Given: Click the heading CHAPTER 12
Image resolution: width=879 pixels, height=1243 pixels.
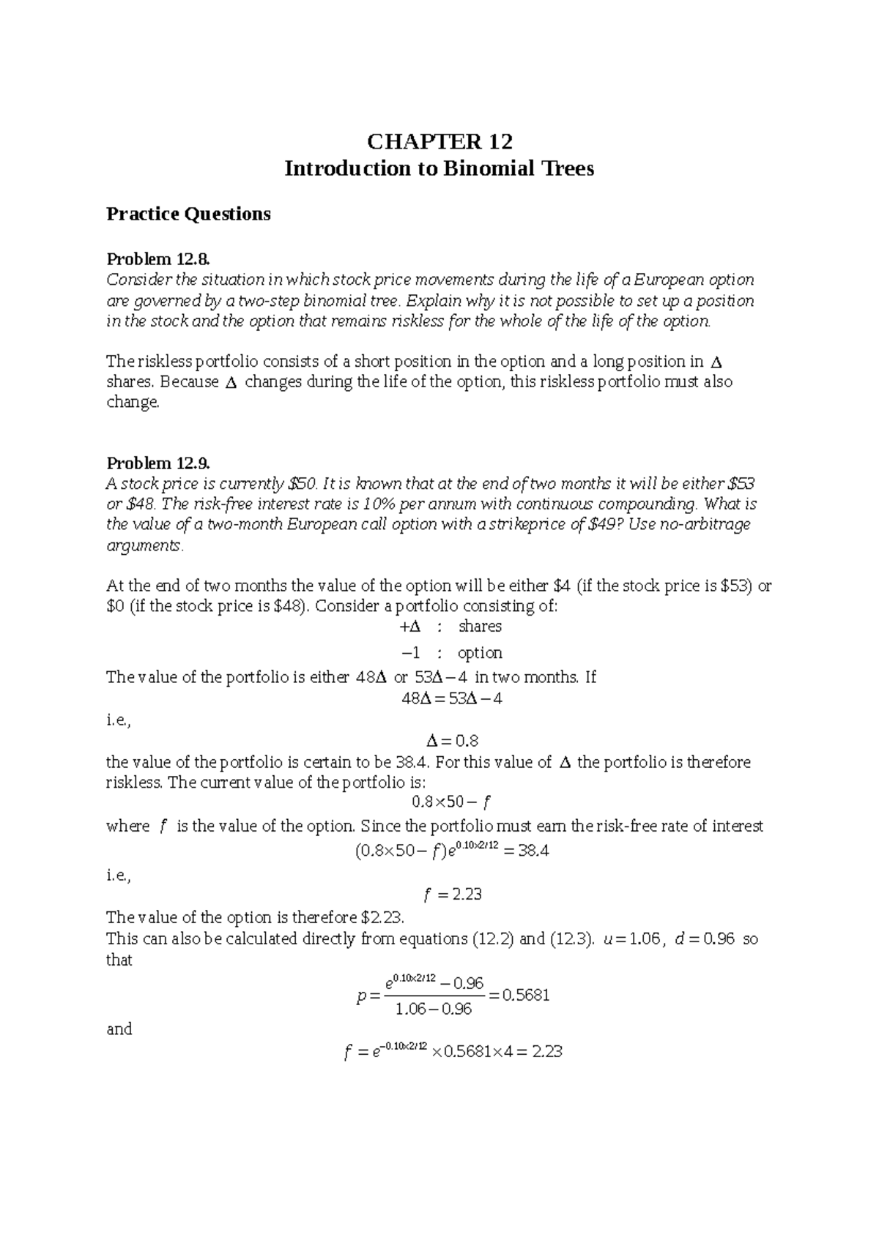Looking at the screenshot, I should [439, 141].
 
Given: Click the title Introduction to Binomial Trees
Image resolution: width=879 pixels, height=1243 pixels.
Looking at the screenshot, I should [439, 169].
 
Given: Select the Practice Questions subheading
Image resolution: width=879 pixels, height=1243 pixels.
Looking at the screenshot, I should [188, 214].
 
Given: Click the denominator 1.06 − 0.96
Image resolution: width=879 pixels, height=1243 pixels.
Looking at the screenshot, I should [434, 1009].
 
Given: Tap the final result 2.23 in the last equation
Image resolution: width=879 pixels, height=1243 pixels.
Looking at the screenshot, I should [546, 1052].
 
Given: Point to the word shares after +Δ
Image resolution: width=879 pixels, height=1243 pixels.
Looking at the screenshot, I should [480, 627].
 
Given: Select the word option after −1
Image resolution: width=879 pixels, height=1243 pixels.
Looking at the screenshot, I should [480, 652].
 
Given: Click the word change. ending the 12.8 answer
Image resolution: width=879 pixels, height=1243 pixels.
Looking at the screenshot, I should [133, 403].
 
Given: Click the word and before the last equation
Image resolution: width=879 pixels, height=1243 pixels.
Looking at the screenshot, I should [119, 1029].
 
